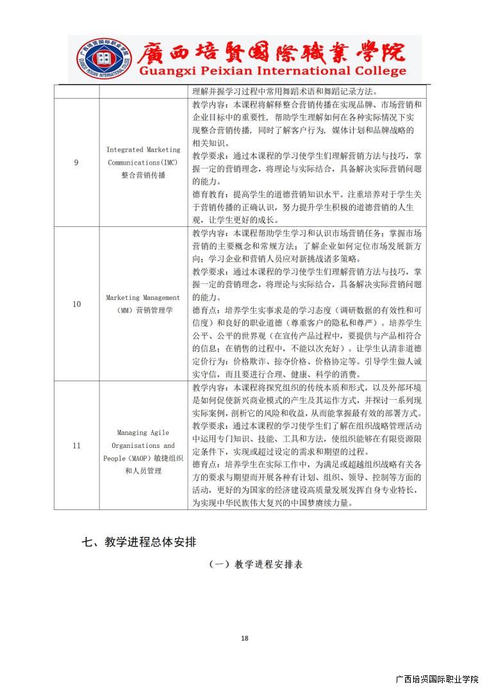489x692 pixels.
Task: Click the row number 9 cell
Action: (76, 163)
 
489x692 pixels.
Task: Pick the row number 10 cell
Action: (76, 304)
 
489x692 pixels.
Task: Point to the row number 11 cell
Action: (76, 445)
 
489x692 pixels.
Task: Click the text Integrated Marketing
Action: (144, 150)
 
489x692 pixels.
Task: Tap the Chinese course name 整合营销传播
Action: (144, 176)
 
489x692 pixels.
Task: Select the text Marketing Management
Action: (144, 297)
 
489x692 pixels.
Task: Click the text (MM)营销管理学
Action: (144, 310)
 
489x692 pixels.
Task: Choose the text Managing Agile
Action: (144, 432)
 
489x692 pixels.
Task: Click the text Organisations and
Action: (144, 445)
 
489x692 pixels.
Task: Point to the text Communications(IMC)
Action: (144, 163)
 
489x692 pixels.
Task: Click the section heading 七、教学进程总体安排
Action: (139, 541)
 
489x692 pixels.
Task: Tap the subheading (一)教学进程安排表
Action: (256, 564)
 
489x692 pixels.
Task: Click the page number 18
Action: (244, 638)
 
